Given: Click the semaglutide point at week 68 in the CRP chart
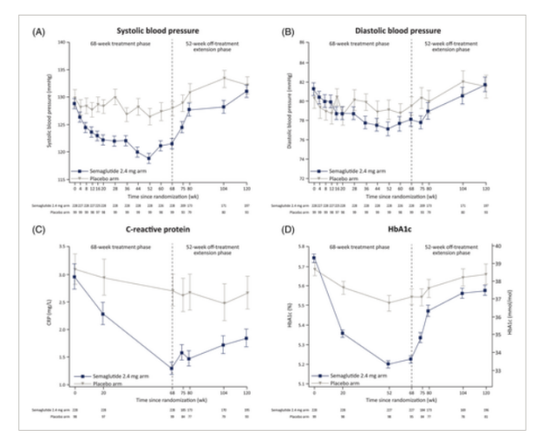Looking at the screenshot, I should click(x=172, y=368).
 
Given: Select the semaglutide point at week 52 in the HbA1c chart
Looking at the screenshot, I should click(x=388, y=364).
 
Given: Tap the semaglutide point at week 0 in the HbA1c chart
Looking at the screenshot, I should click(x=313, y=257).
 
